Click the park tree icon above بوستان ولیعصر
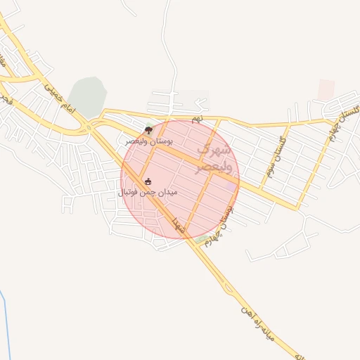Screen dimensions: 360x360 pos(148,129)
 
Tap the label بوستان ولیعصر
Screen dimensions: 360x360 pos(150,141)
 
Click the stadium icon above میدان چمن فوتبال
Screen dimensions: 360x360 pos(148,181)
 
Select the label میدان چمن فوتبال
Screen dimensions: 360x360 pos(148,191)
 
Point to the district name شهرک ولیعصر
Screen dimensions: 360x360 pos(212,158)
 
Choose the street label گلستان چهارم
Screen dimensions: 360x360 pos(342,124)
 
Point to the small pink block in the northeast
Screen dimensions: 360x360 pos(326,89)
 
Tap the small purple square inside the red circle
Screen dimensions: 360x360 pos(230,186)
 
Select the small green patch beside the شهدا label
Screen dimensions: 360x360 pos(202,240)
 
